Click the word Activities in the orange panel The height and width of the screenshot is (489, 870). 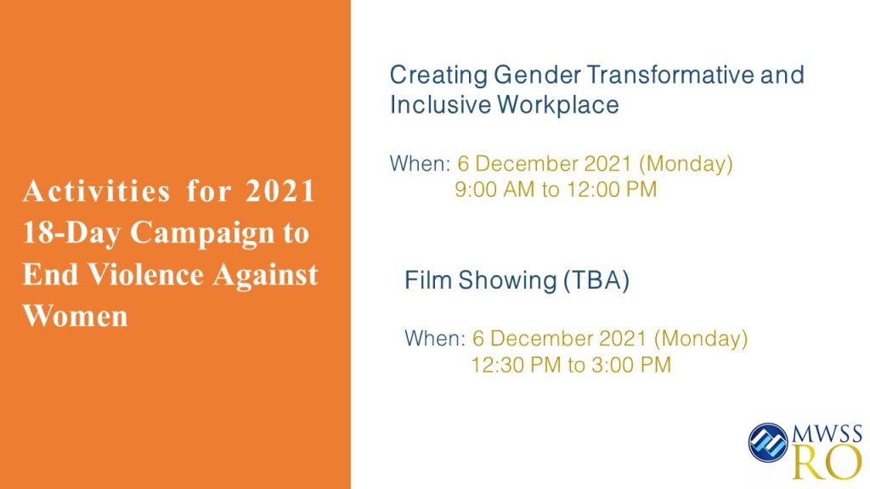coord(96,191)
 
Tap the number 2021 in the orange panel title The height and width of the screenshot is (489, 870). coord(280,191)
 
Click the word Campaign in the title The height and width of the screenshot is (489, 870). coord(202,233)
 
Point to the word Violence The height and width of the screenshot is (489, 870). coord(146,274)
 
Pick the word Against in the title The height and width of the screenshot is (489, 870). coord(266,275)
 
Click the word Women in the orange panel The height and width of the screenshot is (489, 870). coord(75,316)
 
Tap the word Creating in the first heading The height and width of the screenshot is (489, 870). coord(438,76)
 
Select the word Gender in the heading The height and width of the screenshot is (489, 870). coord(537,75)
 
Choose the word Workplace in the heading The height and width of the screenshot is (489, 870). coord(557,105)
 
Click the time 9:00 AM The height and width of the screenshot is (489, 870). coord(495,189)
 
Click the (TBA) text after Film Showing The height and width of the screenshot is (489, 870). coord(596,280)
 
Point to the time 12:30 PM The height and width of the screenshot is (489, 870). coord(516,365)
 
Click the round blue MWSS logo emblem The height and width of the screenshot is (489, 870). coord(768,442)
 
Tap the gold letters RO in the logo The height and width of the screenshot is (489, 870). coord(827,461)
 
